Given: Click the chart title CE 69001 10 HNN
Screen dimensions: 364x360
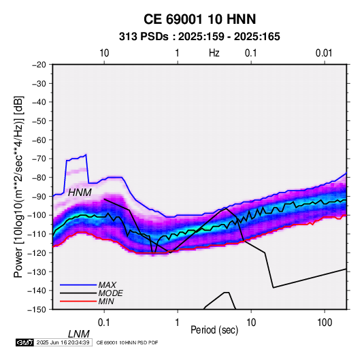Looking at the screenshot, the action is coord(199,19).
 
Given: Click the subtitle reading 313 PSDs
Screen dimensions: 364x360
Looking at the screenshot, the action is coord(144,37).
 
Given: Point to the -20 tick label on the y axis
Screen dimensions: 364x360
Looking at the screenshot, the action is coord(39,65).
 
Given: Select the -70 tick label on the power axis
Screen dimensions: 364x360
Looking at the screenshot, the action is coord(39,159).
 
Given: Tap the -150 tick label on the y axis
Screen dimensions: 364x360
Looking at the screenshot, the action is coord(37,310).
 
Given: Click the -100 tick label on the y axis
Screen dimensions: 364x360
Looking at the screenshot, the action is coord(37,215).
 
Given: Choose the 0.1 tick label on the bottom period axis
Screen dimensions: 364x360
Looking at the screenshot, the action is coord(104,323).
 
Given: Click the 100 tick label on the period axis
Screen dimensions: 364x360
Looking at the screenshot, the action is coord(325,323).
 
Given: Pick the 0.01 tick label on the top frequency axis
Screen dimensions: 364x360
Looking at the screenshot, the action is coord(324,53).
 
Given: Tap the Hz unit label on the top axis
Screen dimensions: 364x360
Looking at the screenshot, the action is coord(214,53).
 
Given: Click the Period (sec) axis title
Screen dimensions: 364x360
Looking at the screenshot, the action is coord(214,330).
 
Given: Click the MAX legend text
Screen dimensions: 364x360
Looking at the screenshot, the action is coord(107,285).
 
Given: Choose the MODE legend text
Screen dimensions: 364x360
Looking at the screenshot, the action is coord(110,293).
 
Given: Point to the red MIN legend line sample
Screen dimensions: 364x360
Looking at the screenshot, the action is coord(78,301).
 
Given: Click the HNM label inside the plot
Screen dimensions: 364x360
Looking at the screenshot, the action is coord(80,193).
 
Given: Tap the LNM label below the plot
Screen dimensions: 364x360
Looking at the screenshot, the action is coord(78,334).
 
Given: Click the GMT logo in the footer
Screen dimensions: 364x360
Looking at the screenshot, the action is coord(25,342).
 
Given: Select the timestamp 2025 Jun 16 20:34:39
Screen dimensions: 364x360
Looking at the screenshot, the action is coord(63,342).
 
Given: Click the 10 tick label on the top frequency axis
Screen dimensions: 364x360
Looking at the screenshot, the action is coord(104,53).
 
